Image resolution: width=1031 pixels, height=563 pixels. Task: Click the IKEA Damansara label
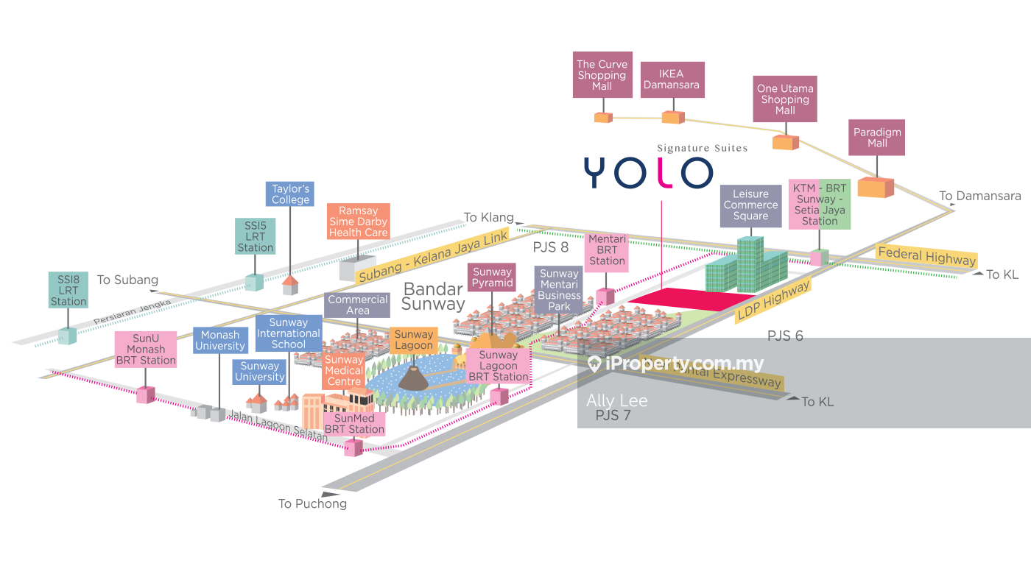[672, 79]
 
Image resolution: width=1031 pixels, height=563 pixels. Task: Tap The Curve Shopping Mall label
[602, 75]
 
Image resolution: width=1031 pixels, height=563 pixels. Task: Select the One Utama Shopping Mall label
[785, 99]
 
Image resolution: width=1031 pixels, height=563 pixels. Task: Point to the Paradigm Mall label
[876, 138]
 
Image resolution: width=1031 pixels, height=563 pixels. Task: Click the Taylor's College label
[290, 194]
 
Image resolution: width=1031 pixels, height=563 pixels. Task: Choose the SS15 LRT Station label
[255, 236]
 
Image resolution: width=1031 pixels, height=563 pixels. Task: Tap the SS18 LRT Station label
[68, 290]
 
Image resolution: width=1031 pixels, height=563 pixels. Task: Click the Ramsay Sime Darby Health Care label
[358, 222]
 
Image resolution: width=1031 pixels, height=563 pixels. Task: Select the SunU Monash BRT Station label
[145, 349]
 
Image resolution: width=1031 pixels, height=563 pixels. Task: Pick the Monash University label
[219, 340]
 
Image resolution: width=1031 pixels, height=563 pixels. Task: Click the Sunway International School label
[288, 333]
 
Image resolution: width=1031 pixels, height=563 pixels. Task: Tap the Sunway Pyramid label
[492, 277]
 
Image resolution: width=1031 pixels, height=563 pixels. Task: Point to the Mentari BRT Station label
[607, 250]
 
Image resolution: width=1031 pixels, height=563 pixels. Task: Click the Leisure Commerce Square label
[750, 205]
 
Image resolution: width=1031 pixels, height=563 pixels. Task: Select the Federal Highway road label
[926, 257]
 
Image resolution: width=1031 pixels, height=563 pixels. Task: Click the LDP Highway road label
[773, 300]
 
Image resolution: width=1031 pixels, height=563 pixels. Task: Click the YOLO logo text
[648, 172]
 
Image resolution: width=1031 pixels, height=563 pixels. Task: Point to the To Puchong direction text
[312, 504]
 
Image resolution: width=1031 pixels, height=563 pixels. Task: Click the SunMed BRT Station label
[354, 424]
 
